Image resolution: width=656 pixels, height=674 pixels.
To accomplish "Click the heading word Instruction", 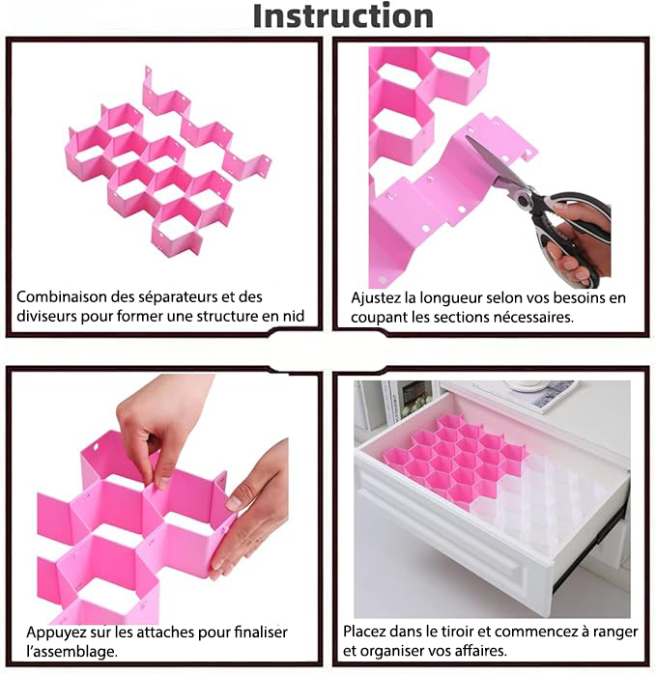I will pos(343,16).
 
